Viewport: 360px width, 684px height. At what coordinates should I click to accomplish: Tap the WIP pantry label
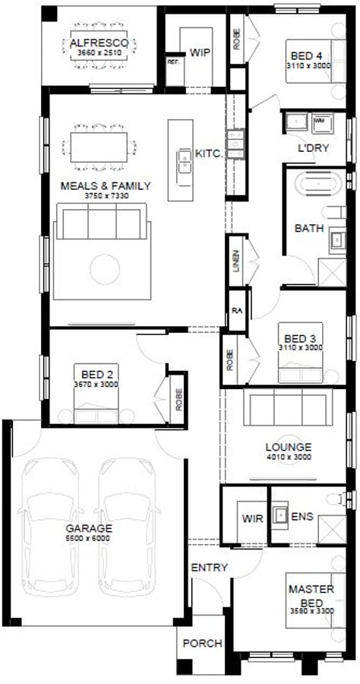200,52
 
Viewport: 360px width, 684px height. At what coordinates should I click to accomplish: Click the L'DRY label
314,148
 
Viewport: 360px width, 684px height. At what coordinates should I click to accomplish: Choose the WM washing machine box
318,120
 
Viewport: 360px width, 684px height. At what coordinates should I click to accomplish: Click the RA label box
236,311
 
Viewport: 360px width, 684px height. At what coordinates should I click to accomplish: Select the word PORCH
202,644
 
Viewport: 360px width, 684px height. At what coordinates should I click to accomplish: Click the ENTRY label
209,568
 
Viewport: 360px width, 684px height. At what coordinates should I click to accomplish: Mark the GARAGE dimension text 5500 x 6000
88,537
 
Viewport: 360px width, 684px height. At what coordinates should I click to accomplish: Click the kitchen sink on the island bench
184,160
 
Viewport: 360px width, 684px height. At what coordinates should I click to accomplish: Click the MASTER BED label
306,595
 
